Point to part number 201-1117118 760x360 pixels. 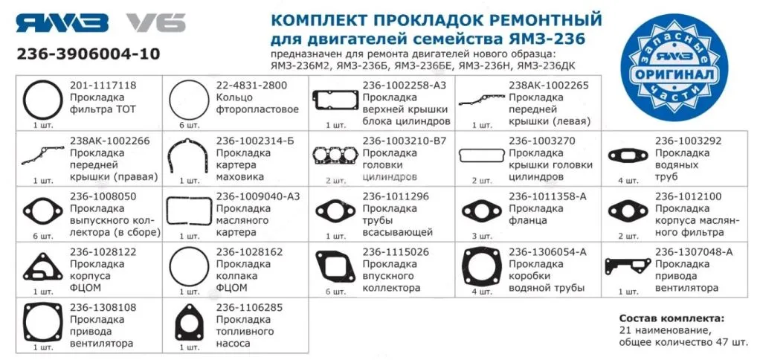click(x=103, y=86)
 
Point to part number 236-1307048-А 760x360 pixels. click(x=693, y=252)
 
